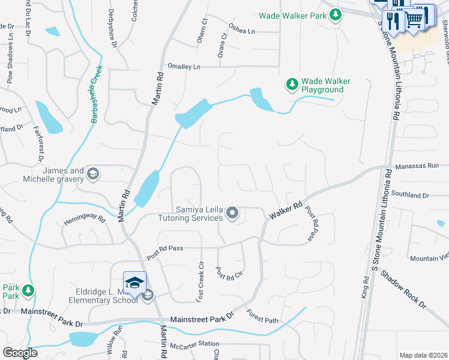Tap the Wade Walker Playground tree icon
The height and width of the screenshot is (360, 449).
pos(292,85)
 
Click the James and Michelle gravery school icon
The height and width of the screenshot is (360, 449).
pos(92,174)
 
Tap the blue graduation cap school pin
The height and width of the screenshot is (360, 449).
pos(134,282)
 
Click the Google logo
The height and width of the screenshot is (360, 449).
pos(20,353)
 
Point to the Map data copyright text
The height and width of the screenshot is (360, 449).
pos(423,355)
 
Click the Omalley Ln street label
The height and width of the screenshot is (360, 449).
pos(184,67)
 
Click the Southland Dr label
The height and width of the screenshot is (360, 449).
pos(411,195)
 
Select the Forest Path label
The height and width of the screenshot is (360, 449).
pos(262,317)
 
